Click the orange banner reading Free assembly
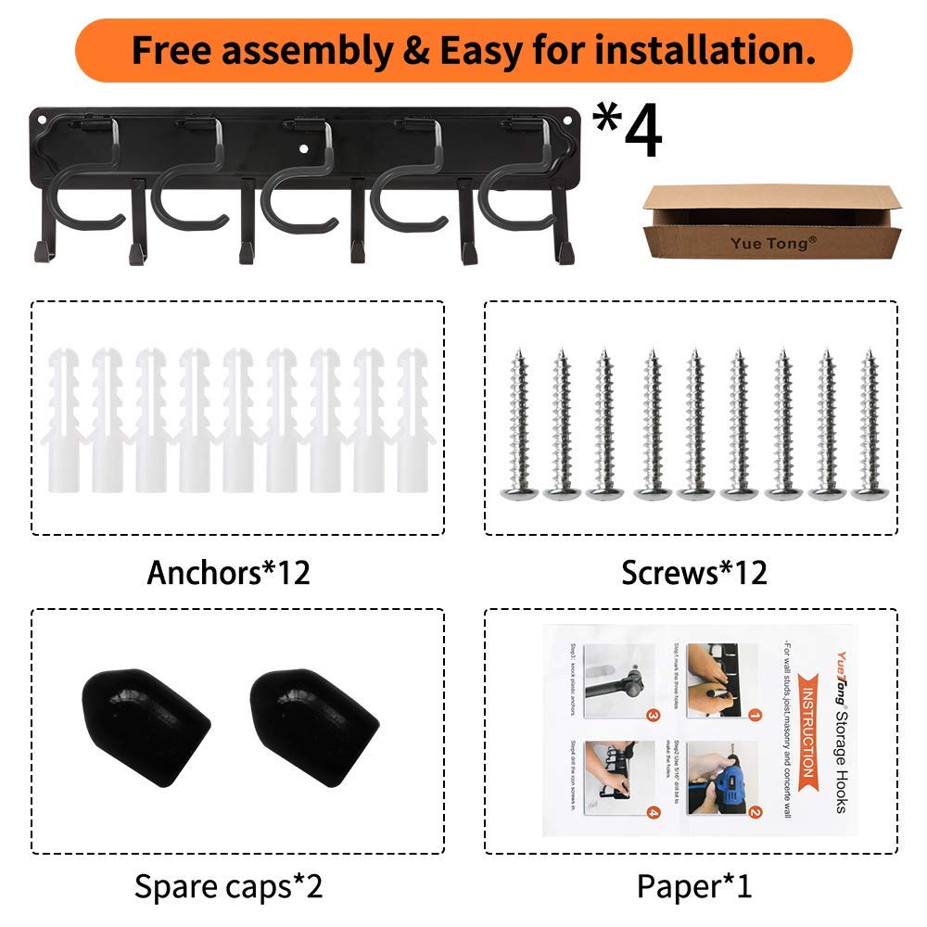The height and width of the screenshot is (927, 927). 463,50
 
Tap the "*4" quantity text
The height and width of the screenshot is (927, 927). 628,132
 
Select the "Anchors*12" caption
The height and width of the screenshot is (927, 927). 228,572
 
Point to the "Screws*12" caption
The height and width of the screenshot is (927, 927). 694,572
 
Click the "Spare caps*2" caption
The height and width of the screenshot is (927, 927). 228,886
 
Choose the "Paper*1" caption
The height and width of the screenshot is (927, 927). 694,886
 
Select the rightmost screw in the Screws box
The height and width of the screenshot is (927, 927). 868,426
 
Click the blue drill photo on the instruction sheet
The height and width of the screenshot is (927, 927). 720,777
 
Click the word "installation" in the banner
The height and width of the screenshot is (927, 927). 705,50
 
